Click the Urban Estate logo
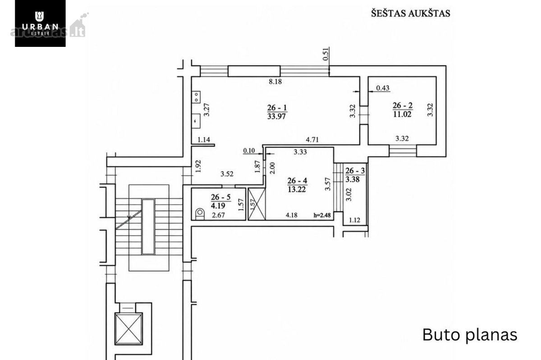40,23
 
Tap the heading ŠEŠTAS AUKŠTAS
411,13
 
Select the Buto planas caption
470,335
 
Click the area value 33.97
276,117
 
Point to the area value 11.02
402,114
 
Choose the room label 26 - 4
297,180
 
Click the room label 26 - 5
221,197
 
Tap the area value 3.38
353,179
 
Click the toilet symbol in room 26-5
200,214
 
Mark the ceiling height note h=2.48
322,215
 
